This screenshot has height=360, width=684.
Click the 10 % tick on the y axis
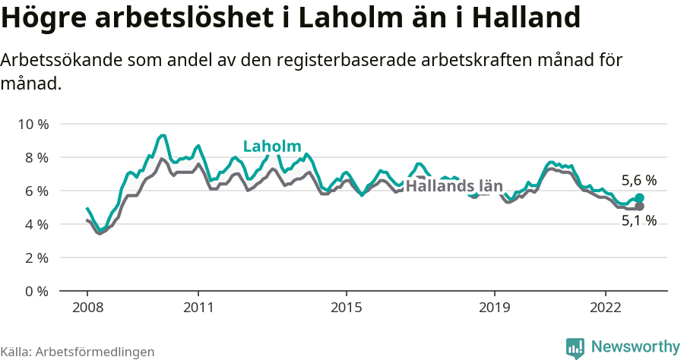[x=33, y=124]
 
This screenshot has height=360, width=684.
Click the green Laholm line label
[x=272, y=147]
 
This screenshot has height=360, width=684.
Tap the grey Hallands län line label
[x=454, y=186]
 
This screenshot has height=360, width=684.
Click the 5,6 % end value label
[x=638, y=181]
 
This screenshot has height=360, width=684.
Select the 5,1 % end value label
[x=638, y=221]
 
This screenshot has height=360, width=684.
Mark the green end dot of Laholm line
[x=639, y=197]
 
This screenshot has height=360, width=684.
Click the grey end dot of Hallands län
[x=639, y=206]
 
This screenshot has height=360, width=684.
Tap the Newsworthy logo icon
[x=575, y=347]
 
